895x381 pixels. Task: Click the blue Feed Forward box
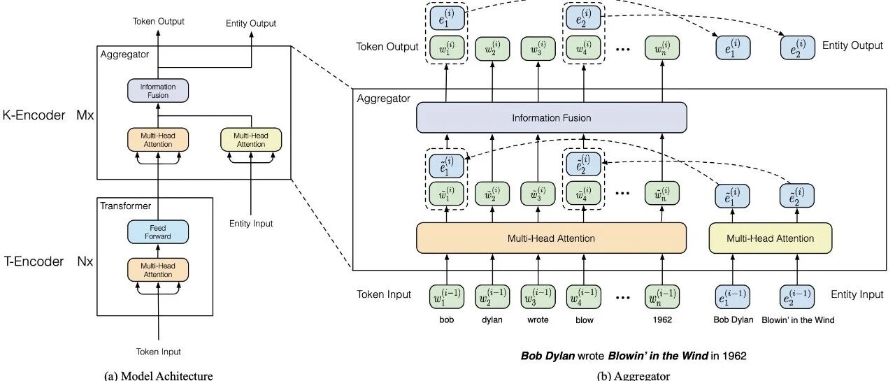[x=158, y=232]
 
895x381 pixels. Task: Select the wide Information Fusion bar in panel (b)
[x=552, y=118]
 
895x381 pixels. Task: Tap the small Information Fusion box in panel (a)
[x=158, y=91]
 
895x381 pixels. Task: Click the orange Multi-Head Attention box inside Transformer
[x=158, y=270]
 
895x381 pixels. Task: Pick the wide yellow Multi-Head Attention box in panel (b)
[x=771, y=238]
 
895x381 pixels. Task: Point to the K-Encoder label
[x=34, y=115]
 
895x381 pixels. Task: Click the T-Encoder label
[x=34, y=261]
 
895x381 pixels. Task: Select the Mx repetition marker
[x=85, y=115]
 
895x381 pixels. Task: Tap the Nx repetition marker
[x=85, y=261]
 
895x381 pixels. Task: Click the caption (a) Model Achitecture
[x=158, y=376]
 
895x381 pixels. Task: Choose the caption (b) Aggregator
[x=633, y=376]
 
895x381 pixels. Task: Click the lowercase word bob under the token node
[x=446, y=320]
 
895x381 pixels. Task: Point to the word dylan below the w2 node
[x=492, y=320]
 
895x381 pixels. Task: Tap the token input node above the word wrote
[x=538, y=296]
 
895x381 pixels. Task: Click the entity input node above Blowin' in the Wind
[x=797, y=296]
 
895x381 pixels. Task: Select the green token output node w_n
[x=662, y=48]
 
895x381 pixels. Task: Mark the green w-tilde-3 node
[x=538, y=194]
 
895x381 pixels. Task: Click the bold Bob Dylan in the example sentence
[x=547, y=356]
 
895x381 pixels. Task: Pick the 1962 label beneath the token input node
[x=662, y=320]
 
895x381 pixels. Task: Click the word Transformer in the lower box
[x=125, y=206]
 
